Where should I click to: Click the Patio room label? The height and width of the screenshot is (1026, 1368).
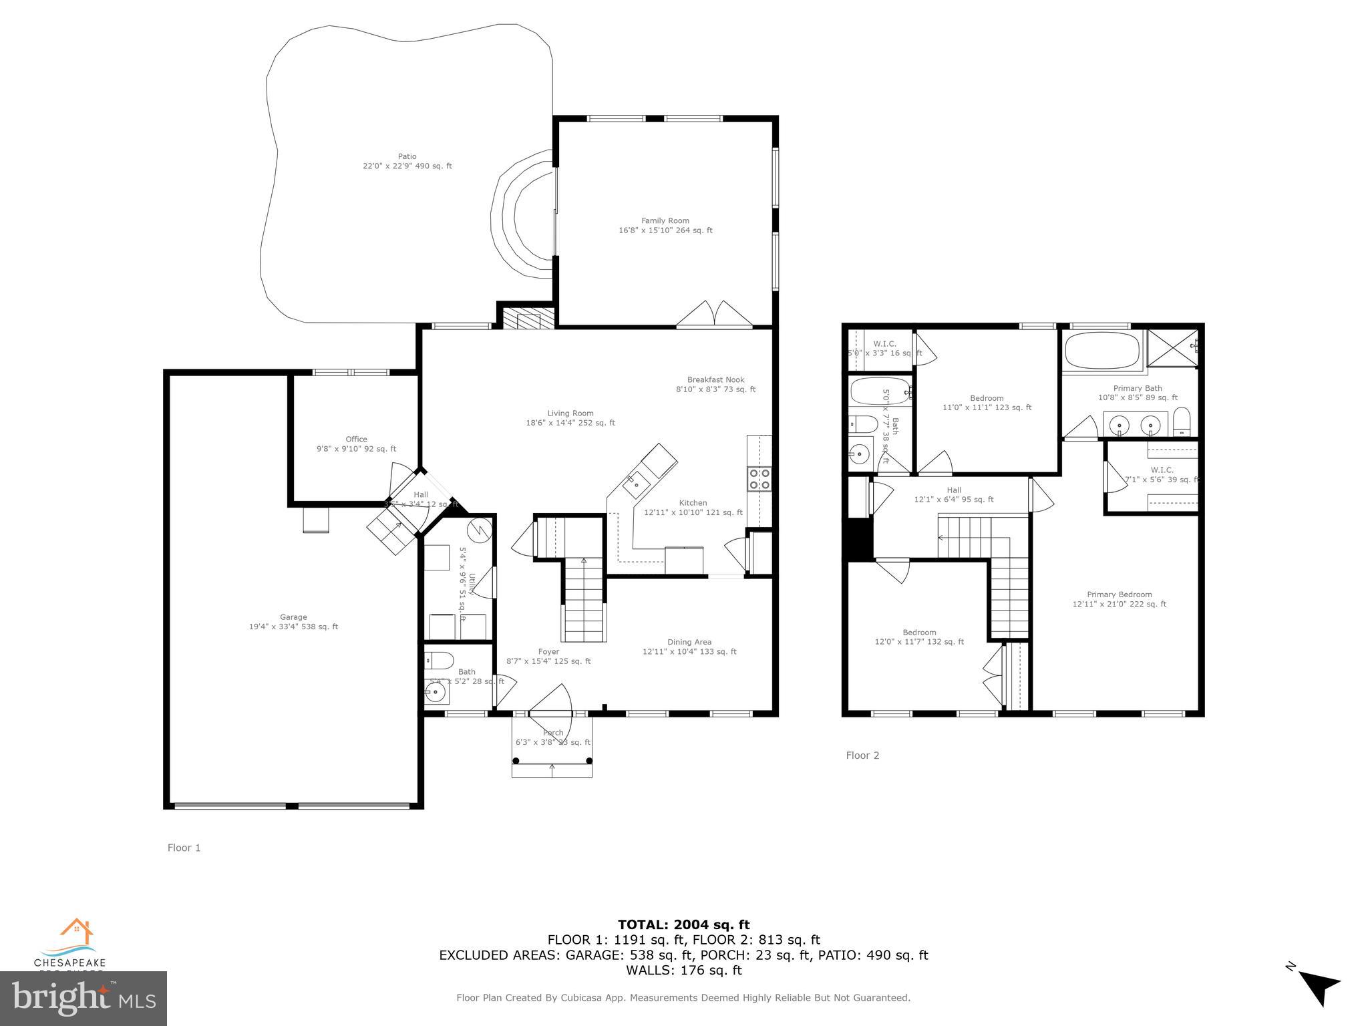tap(407, 161)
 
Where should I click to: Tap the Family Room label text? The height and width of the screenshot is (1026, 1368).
tap(665, 225)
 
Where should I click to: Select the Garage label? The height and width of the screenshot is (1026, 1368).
tap(293, 622)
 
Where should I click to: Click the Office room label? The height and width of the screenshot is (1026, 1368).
tap(356, 444)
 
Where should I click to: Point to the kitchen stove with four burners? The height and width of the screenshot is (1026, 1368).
tap(759, 479)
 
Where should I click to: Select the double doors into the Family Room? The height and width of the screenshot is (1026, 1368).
tap(715, 315)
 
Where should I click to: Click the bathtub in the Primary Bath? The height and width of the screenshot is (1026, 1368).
tap(1102, 351)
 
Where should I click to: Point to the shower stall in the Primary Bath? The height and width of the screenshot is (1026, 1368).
tap(1174, 347)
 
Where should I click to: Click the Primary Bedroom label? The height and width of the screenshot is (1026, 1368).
tap(1120, 599)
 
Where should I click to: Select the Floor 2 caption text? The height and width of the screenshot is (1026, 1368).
tap(862, 755)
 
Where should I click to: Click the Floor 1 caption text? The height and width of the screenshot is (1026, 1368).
tap(184, 848)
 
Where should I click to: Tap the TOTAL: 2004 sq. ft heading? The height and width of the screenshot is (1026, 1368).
tap(683, 924)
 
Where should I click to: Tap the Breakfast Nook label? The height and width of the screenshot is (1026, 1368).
tap(715, 384)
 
